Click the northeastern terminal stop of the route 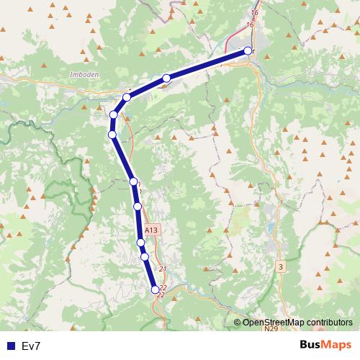[x=248, y=51]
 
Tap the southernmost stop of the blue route [x=155, y=289]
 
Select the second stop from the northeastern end [x=166, y=78]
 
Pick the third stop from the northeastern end [x=127, y=97]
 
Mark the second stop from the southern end [x=145, y=256]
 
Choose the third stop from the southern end [x=141, y=243]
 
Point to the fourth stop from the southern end [x=138, y=207]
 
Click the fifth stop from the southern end [x=133, y=181]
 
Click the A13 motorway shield [x=150, y=230]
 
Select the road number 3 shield [x=280, y=267]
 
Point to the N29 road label [x=271, y=330]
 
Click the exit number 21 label [x=163, y=269]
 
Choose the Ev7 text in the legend [x=31, y=346]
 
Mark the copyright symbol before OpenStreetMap [x=237, y=322]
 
